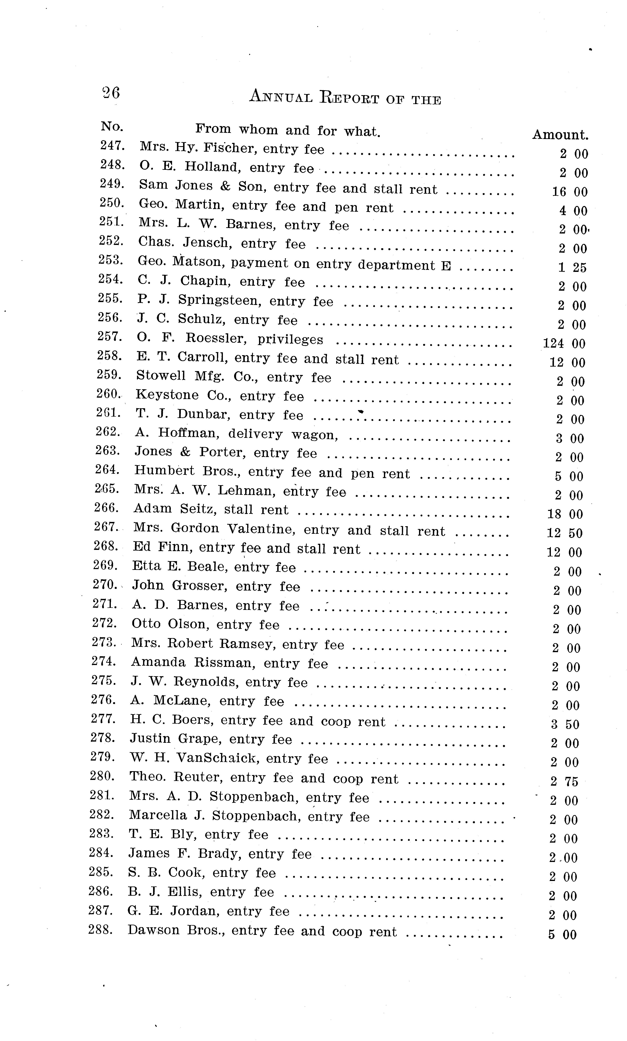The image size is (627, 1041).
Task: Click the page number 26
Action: [x=111, y=92]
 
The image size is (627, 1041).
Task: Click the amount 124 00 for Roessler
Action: [x=564, y=344]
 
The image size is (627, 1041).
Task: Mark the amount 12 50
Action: [x=565, y=533]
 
